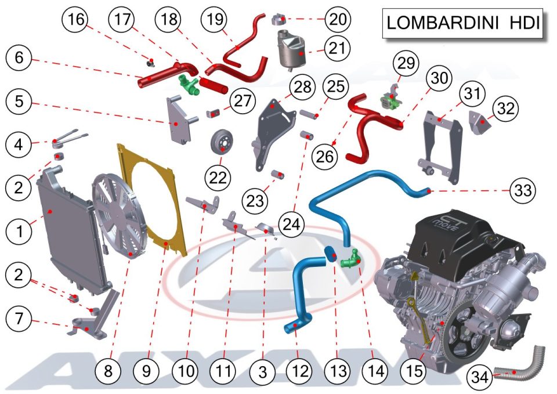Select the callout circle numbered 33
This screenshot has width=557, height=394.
pos(523,191)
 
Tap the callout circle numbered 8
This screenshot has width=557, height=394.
pos(108,371)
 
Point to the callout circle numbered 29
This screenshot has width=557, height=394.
pos(406,63)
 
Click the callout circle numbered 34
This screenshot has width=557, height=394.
pos(480,377)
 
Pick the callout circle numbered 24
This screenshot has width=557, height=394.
pos(291,224)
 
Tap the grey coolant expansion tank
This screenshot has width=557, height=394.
pos(291,48)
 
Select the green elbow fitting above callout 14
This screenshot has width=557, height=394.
pos(351,259)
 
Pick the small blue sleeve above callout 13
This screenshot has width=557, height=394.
pos(331,254)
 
